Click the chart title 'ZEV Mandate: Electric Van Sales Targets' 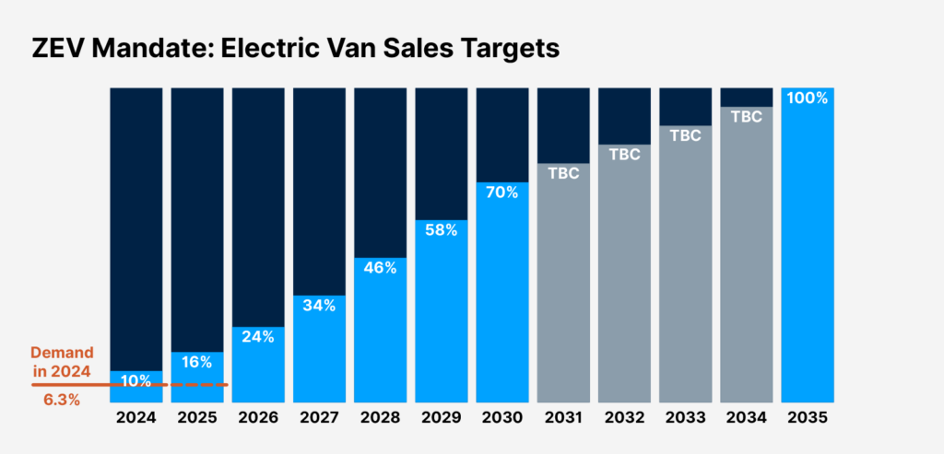tap(296, 49)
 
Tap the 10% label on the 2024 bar tap(136, 381)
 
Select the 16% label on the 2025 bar tap(197, 362)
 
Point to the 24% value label tap(258, 337)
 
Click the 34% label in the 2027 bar tap(319, 305)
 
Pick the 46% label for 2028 tap(380, 268)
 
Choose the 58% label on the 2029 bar tap(441, 230)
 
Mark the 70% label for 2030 tap(502, 192)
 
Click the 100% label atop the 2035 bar tap(808, 98)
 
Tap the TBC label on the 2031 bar tap(563, 173)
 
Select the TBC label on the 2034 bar tap(746, 117)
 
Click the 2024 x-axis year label tap(136, 417)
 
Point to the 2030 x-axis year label tap(502, 417)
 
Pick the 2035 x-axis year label tap(808, 417)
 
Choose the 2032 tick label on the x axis tap(624, 417)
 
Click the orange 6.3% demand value tap(62, 401)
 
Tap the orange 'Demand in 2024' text tap(61, 362)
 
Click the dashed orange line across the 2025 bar tap(197, 385)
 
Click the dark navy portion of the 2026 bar tap(258, 203)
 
